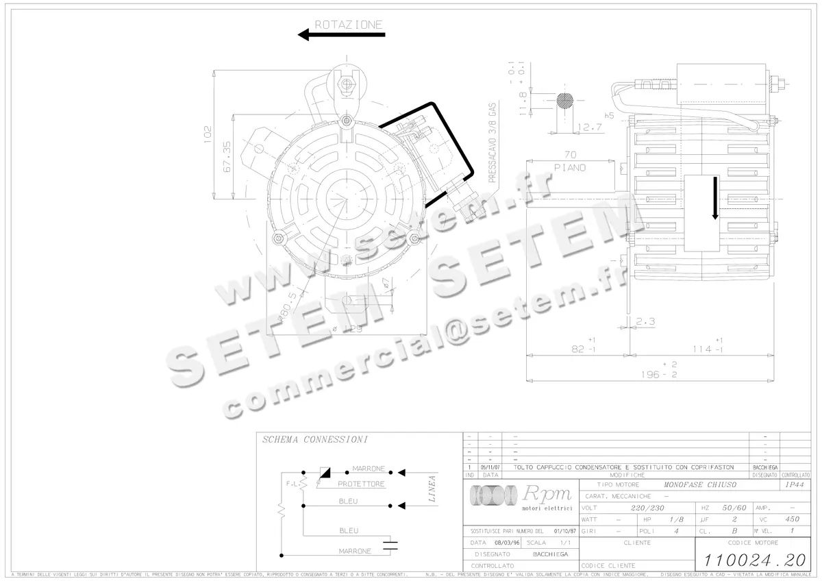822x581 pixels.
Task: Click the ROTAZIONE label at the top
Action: tap(348, 25)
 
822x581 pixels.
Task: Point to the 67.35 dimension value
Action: tap(227, 156)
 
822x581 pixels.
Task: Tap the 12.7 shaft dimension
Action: tap(589, 127)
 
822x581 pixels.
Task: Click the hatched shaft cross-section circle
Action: tap(565, 100)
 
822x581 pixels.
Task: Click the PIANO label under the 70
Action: tap(570, 167)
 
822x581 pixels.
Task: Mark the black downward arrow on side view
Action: tap(714, 198)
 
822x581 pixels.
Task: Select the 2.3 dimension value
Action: tap(647, 321)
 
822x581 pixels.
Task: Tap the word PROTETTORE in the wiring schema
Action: tap(361, 484)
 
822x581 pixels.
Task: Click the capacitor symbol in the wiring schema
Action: tap(390, 546)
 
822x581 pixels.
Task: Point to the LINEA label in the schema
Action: tap(432, 489)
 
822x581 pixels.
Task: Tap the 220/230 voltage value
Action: tap(647, 508)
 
